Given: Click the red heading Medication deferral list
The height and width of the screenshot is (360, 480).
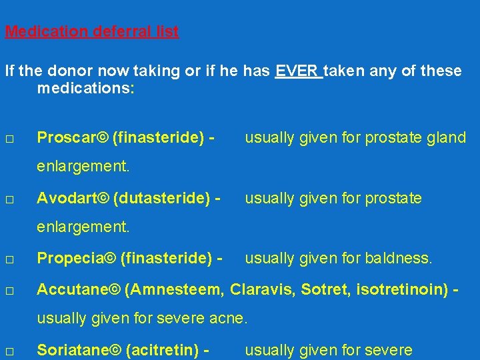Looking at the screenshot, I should pyautogui.click(x=91, y=31).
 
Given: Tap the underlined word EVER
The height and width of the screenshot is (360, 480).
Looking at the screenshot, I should pyautogui.click(x=298, y=71).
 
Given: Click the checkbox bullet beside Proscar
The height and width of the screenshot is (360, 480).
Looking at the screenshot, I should pyautogui.click(x=9, y=139).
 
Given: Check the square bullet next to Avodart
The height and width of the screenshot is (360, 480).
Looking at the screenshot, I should pyautogui.click(x=9, y=199).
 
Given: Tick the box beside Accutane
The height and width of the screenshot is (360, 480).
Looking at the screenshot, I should pyautogui.click(x=9, y=290).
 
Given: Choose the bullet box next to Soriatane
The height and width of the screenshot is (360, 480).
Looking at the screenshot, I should pyautogui.click(x=9, y=351).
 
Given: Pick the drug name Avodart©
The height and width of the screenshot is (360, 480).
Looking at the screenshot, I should pyautogui.click(x=73, y=198).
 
